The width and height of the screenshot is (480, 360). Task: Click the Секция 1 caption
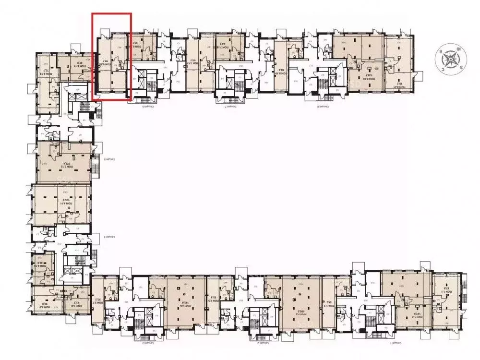pos(397,344)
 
